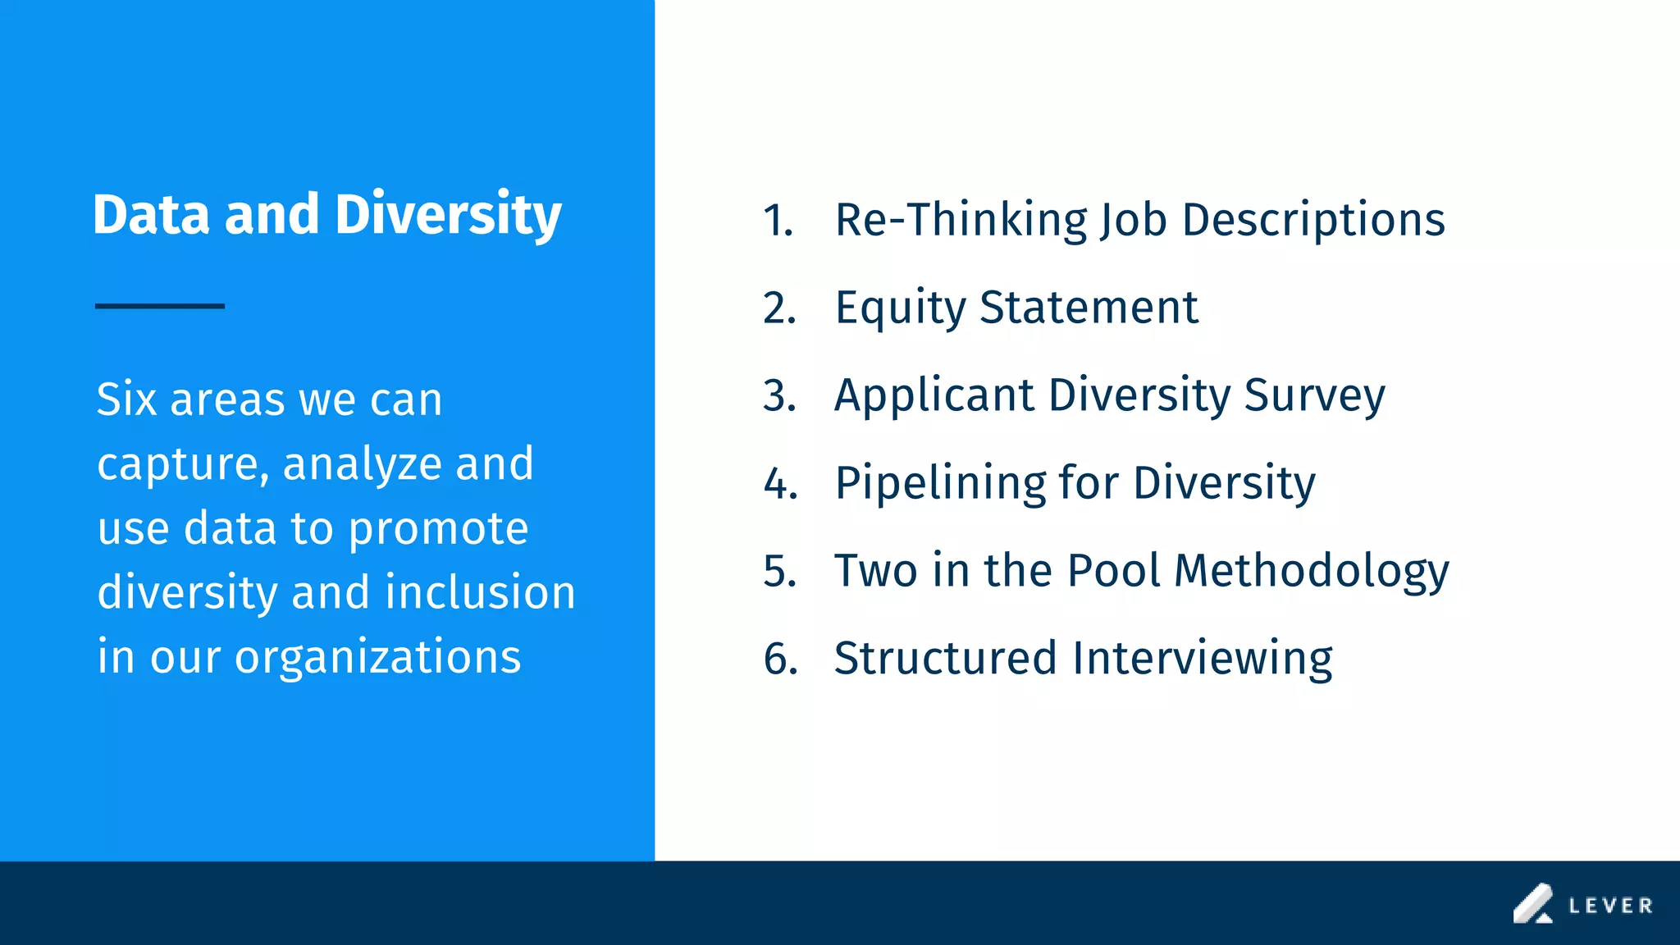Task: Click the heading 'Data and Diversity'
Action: click(326, 215)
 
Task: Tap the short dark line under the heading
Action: click(160, 306)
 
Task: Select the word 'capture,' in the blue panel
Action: click(183, 464)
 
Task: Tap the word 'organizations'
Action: click(377, 657)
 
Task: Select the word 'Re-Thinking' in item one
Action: click(961, 220)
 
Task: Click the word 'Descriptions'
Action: click(1313, 220)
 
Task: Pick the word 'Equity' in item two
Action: click(900, 308)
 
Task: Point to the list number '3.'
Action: click(779, 396)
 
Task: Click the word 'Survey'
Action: click(1314, 396)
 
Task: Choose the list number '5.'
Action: click(779, 571)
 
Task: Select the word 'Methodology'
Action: click(1312, 572)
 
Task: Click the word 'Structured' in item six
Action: click(945, 658)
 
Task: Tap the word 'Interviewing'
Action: click(1202, 659)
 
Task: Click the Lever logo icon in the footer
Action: click(1532, 904)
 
